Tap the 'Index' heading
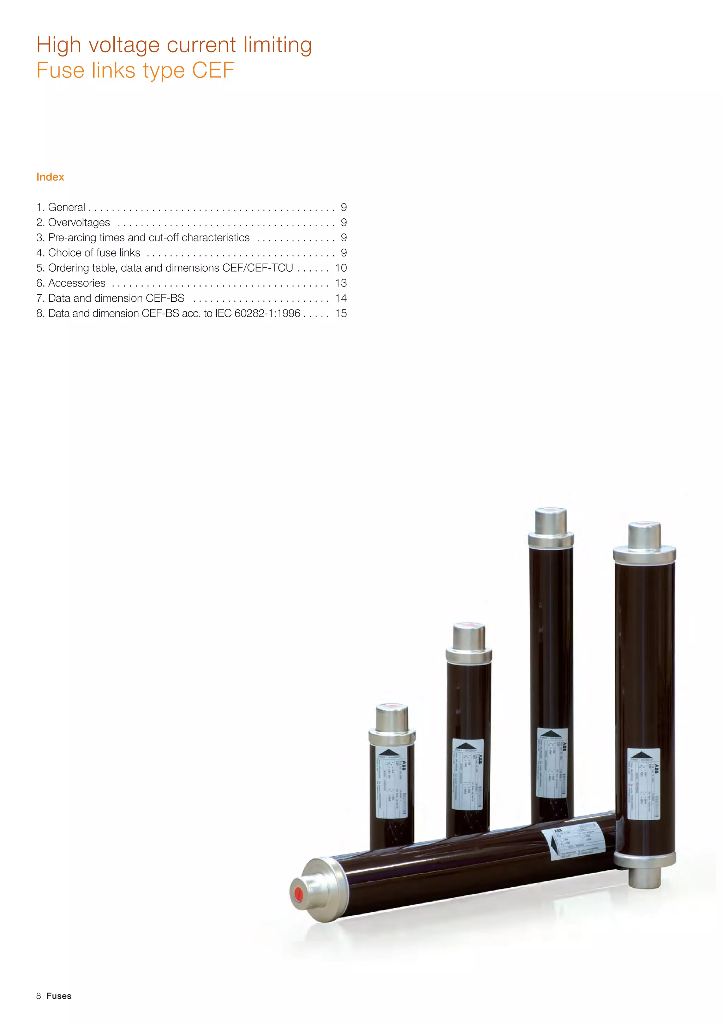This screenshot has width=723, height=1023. (50, 177)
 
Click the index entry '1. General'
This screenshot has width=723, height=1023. (61, 207)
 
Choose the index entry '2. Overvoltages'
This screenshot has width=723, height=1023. (73, 222)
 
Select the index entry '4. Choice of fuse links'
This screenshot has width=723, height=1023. (88, 253)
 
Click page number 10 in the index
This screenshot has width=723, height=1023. (341, 268)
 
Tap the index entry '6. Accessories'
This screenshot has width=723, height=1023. (71, 283)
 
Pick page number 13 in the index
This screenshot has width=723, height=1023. (341, 283)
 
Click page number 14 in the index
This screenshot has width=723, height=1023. (341, 298)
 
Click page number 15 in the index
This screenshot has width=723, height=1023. (341, 313)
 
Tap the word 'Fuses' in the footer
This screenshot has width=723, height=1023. (59, 996)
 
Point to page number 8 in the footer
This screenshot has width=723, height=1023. (39, 996)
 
